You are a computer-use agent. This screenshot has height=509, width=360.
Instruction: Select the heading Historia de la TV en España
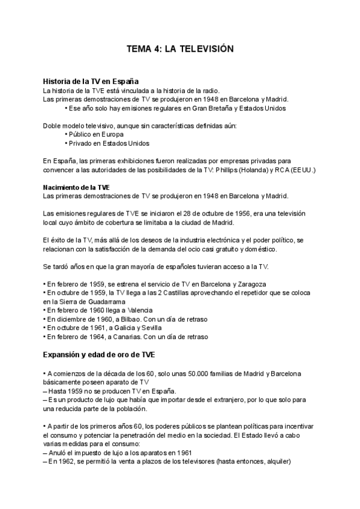coord(91,81)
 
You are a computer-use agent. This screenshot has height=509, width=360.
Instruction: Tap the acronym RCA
coord(280,170)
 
